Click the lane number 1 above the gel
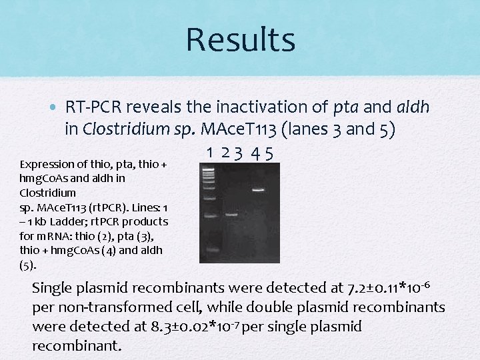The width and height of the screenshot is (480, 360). [x=210, y=153]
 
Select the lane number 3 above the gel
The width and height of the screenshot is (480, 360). [x=238, y=153]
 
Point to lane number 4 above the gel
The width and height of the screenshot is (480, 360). [x=256, y=153]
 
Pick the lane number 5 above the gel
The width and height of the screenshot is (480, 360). [x=268, y=153]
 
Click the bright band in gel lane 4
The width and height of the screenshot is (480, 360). [x=258, y=190]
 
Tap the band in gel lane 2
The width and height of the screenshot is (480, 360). [x=231, y=215]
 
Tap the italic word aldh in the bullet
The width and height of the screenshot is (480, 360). [x=413, y=107]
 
